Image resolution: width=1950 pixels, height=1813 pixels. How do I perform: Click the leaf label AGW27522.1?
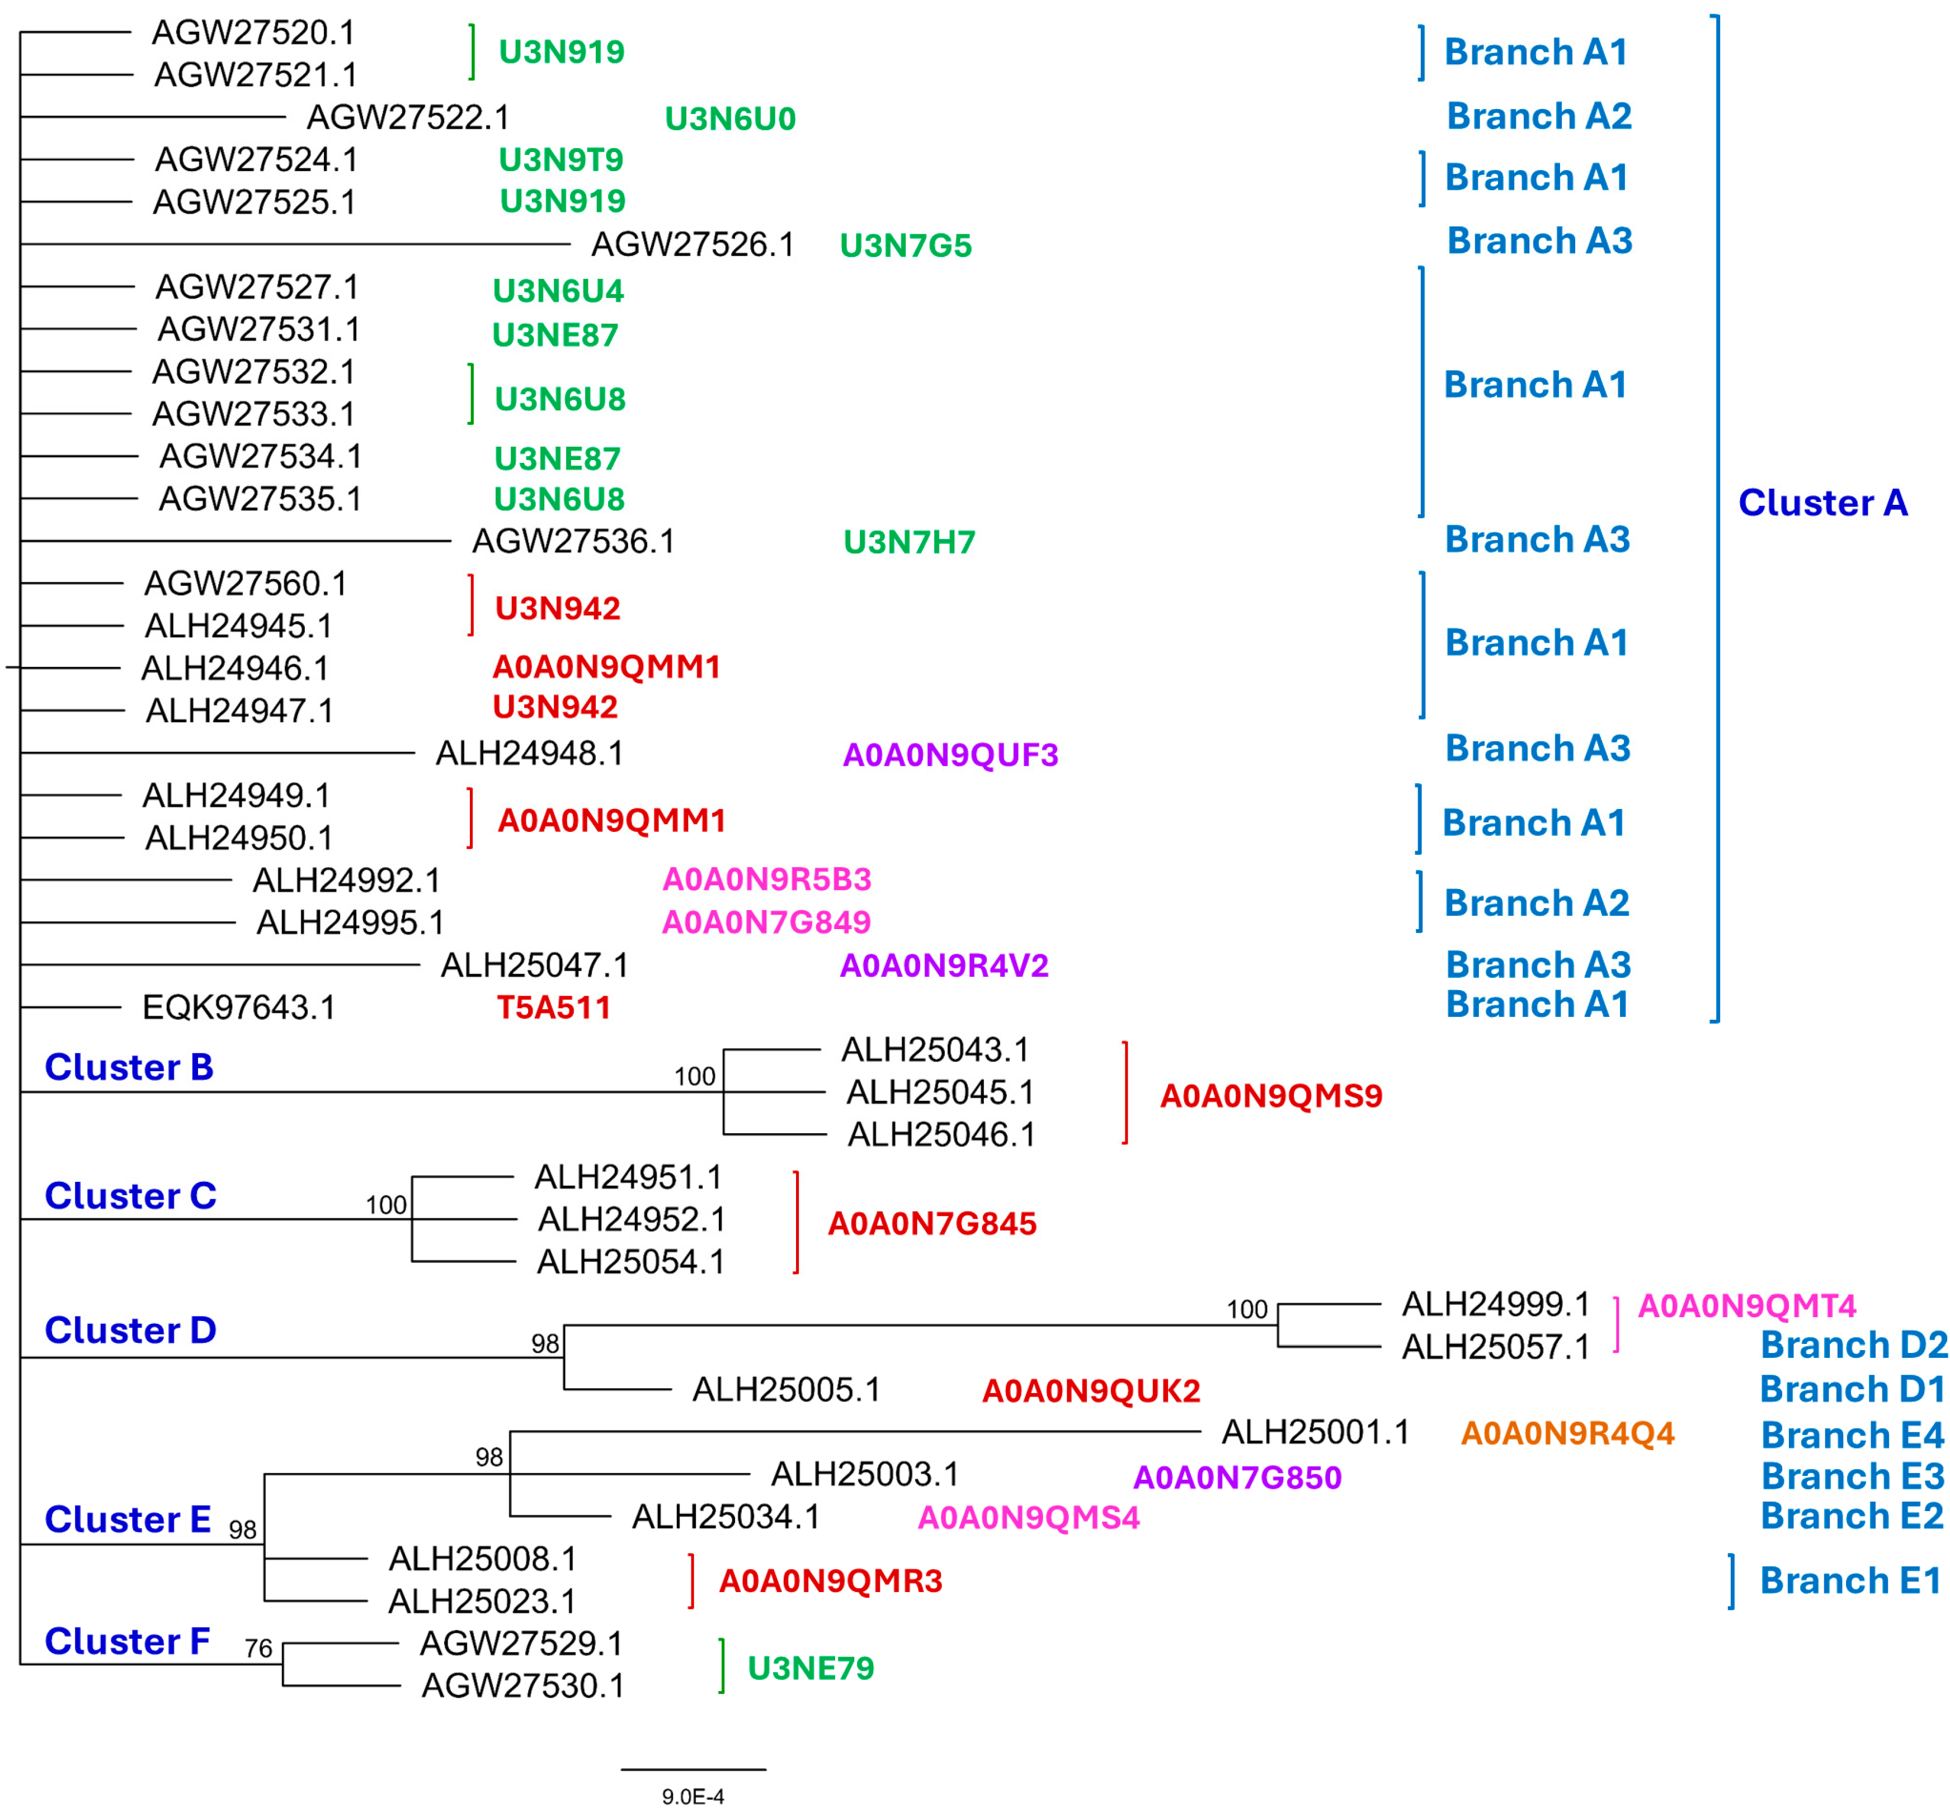tap(408, 117)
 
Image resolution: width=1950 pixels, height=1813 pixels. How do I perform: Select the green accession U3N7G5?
tap(905, 245)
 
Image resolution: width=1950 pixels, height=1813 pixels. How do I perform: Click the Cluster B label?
tap(129, 1067)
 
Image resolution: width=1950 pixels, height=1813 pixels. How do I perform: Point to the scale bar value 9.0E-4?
tap(693, 1796)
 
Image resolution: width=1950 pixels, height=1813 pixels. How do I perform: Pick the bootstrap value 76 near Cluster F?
tap(258, 1648)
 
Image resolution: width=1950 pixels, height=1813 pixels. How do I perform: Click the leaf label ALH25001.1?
tap(1315, 1432)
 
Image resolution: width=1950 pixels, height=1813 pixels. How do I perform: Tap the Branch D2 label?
tap(1853, 1345)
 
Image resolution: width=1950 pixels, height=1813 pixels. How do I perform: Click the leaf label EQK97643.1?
tap(238, 1007)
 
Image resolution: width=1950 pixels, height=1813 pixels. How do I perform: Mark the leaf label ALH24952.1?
tap(632, 1219)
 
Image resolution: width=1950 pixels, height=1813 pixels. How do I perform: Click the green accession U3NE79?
tap(810, 1668)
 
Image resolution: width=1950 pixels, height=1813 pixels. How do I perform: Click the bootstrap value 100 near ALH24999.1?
tap(1247, 1309)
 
